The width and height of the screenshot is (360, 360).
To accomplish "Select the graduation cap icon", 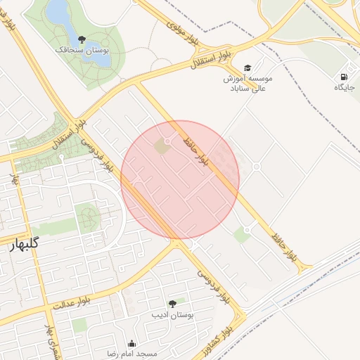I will coord(247,67).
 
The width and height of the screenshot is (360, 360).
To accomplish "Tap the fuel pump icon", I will coord(344,77).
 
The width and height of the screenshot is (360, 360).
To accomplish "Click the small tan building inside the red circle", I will coord(162,148).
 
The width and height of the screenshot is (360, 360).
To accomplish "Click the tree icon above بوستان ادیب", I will coord(172,304).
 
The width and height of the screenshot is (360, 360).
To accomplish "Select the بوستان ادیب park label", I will coord(172,315).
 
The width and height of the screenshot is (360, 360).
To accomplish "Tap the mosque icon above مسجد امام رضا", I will coord(131,343).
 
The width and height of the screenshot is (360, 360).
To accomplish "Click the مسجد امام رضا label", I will coord(131,354).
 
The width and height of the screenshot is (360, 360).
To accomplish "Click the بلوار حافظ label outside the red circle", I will coord(279,240).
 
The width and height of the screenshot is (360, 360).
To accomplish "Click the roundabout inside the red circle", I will coord(167,141).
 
